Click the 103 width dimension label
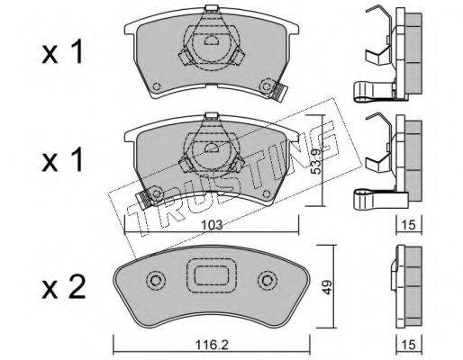click(x=212, y=225)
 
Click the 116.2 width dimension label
click(x=213, y=346)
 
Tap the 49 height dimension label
click(x=327, y=287)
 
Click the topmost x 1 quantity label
click(x=62, y=52)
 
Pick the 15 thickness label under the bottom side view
click(x=409, y=345)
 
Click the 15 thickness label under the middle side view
click(x=409, y=225)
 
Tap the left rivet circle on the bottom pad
click(x=156, y=281)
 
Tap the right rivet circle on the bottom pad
click(x=267, y=281)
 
